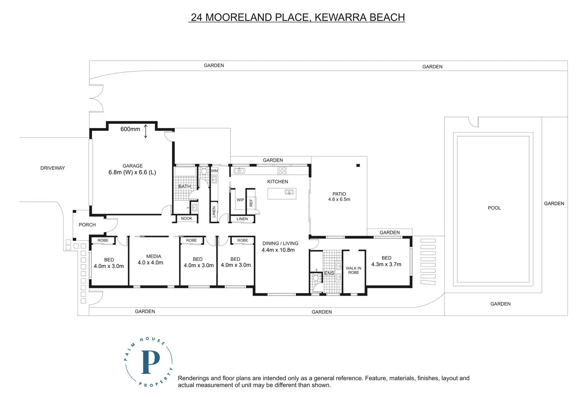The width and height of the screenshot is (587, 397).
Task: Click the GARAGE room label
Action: coord(132,166)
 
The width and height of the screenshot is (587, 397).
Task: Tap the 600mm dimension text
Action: coord(130,129)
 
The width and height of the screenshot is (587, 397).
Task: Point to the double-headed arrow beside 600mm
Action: coord(146,131)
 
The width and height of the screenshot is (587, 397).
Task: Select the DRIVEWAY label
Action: coord(52,168)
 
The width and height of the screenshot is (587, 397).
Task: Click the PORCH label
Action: coord(87,225)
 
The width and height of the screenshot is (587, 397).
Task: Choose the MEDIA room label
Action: coord(154,256)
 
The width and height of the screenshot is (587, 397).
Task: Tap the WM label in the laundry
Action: coord(215,171)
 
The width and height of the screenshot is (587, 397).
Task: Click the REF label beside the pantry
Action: coord(251,203)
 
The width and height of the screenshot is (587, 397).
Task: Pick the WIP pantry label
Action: coord(240,200)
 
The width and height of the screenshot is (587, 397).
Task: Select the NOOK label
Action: coord(187,218)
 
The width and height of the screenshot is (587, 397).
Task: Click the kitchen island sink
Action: coord(289,193)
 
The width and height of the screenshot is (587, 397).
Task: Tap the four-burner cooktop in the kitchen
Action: coord(282,171)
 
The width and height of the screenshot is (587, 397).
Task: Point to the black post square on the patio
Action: coord(358,165)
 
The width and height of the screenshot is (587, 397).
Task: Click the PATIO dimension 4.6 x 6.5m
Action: coord(339,199)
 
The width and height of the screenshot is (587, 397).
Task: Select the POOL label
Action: coord(494,208)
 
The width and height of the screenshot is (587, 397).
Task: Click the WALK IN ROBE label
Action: coord(353,270)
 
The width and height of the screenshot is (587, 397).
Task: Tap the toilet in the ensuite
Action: coord(316,277)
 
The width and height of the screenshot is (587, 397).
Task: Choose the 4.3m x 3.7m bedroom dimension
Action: coord(386,264)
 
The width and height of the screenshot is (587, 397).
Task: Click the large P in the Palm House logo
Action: coord(150,362)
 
